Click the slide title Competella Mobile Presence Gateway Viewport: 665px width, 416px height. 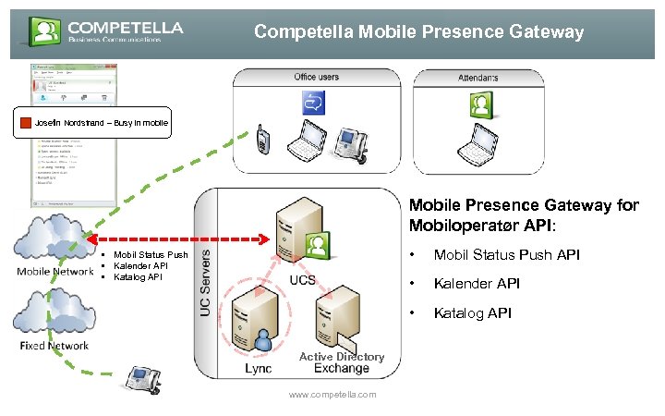[418, 32]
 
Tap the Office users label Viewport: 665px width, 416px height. [317, 77]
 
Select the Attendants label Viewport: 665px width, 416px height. [478, 77]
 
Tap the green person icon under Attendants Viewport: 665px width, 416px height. [479, 104]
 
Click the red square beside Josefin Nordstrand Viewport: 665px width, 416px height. [26, 124]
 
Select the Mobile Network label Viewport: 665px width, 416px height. [54, 271]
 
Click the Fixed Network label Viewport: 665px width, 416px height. [54, 346]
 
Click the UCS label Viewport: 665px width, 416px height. [302, 280]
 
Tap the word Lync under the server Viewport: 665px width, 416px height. [259, 368]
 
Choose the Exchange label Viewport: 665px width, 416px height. [341, 368]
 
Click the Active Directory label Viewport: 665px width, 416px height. [341, 356]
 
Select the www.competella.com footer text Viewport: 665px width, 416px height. [332, 395]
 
